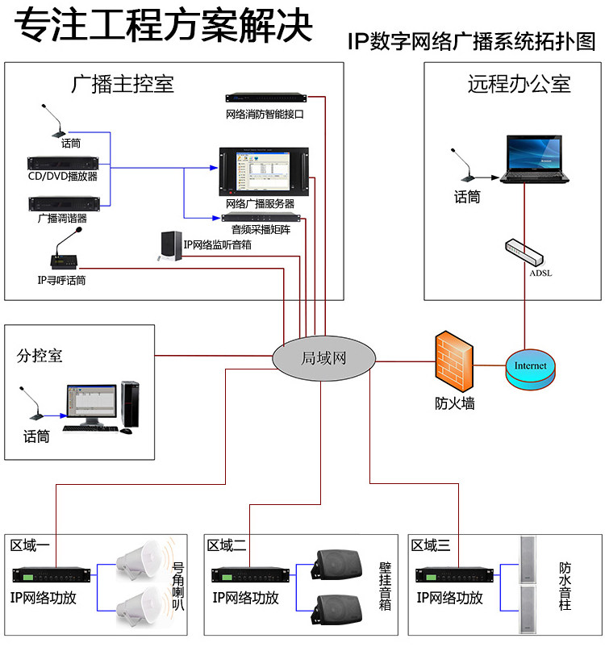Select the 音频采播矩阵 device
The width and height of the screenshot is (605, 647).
click(261, 218)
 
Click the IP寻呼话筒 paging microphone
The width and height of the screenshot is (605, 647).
click(64, 256)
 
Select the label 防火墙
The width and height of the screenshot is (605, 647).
click(454, 403)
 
